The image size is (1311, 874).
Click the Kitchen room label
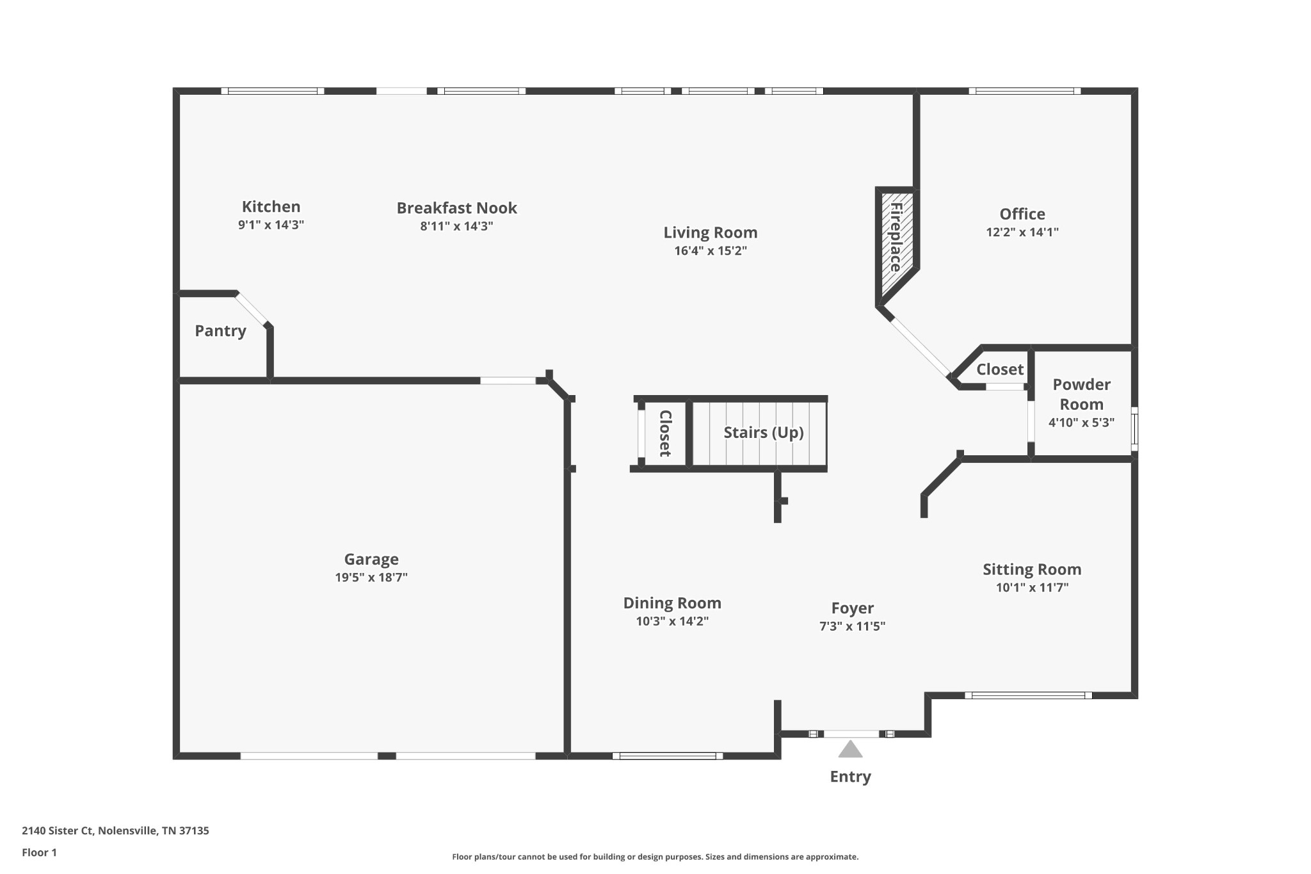point(271,207)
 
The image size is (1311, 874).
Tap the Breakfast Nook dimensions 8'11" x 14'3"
point(456,226)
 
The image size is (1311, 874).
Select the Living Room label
point(710,232)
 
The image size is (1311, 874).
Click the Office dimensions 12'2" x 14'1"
point(1022,232)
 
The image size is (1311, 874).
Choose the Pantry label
point(220,331)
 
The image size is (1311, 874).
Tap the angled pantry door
point(252,309)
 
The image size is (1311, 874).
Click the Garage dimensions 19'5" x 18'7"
point(371,578)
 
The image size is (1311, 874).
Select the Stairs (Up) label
point(764,433)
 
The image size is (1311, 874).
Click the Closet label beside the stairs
point(665,433)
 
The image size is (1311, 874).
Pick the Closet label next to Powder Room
point(1000,369)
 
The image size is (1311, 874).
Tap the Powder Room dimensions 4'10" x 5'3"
point(1081,423)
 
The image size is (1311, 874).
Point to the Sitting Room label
point(1032,569)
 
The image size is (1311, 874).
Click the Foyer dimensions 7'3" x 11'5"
point(852,626)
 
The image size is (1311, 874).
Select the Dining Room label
point(672,603)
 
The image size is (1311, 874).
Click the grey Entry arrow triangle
point(850,750)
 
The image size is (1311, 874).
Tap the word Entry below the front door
point(850,777)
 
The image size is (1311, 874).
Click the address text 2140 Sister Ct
point(58,831)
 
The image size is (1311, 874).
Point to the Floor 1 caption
point(39,853)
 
